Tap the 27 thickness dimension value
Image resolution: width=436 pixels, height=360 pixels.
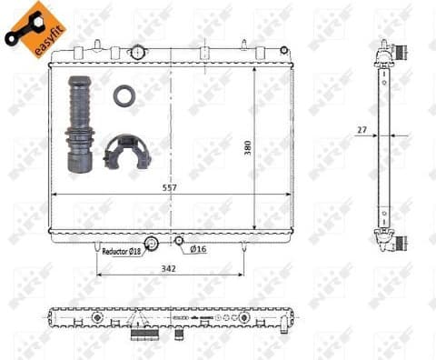tap(362, 129)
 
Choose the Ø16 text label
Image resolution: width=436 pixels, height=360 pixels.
tap(198, 249)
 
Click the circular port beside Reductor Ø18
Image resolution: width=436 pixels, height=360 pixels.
tap(152, 243)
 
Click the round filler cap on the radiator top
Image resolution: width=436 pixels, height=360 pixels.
tap(136, 51)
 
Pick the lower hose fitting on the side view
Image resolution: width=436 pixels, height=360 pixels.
tap(392, 243)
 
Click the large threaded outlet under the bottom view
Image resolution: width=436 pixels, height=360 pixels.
tap(144, 335)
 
